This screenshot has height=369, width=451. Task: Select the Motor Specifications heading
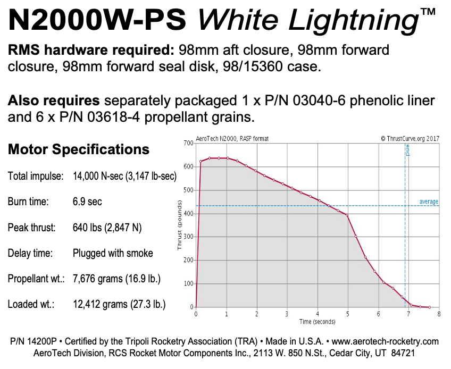(79, 149)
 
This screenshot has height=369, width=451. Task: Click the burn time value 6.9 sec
(87, 202)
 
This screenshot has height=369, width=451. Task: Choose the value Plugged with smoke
(112, 253)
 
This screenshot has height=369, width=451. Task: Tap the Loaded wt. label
(30, 304)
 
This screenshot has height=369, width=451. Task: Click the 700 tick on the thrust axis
(188, 144)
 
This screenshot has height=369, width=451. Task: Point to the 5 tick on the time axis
(347, 314)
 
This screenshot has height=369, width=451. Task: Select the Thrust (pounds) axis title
(181, 225)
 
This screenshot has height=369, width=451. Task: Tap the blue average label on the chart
(429, 202)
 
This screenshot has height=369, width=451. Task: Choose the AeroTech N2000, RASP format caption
(233, 139)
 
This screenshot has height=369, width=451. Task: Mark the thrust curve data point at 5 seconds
(347, 215)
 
